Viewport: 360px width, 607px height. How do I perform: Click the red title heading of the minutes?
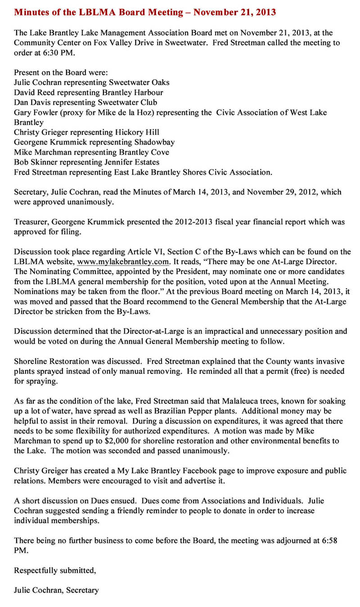pyautogui.click(x=145, y=12)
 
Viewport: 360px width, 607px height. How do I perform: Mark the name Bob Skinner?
pyautogui.click(x=34, y=162)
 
